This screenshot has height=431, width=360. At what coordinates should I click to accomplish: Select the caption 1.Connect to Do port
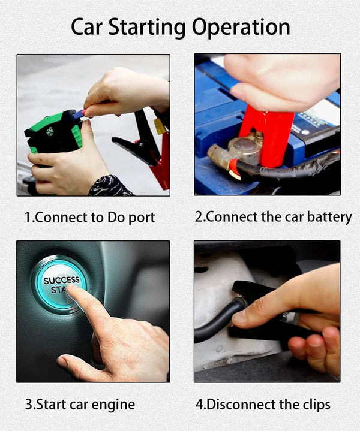[89, 217]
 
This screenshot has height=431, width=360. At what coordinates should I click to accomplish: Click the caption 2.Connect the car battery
[273, 216]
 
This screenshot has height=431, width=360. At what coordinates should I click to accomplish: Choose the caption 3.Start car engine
[79, 404]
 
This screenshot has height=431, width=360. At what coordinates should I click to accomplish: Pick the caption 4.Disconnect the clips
[262, 404]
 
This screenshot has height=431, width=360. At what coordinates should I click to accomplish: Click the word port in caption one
[140, 218]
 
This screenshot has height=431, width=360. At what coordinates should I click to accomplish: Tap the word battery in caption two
[329, 217]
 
